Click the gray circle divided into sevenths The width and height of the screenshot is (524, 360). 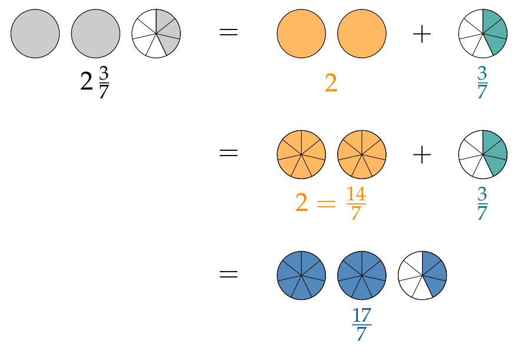tap(156, 34)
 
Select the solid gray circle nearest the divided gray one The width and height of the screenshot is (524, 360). tap(95, 34)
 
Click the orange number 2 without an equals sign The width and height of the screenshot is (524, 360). tap(331, 84)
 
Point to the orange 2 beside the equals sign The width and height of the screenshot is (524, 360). tap(301, 203)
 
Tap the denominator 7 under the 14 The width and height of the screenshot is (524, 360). tap(355, 213)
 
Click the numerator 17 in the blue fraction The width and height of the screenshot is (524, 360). tap(362, 315)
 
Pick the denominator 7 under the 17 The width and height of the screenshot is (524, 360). tap(361, 334)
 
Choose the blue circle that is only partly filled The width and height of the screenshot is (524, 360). tap(422, 275)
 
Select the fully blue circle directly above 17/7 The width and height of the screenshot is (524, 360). tap(362, 275)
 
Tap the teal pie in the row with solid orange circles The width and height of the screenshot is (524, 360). tap(483, 34)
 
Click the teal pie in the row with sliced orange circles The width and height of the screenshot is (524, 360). tap(483, 154)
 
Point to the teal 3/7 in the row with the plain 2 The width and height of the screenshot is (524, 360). tap(482, 82)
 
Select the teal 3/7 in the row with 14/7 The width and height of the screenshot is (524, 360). tap(482, 204)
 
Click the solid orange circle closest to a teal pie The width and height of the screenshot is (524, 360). tap(362, 34)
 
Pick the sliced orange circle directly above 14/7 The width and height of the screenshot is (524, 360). tap(362, 154)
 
